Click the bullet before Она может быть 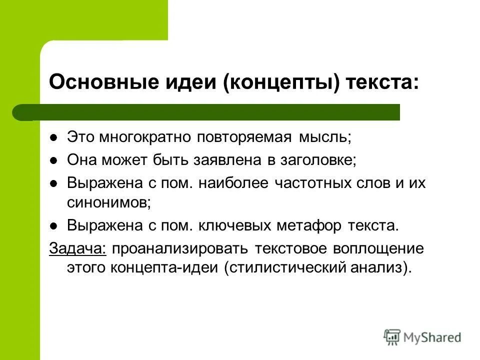[x=56, y=160]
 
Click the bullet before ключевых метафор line [x=56, y=225]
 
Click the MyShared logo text [x=432, y=337]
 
